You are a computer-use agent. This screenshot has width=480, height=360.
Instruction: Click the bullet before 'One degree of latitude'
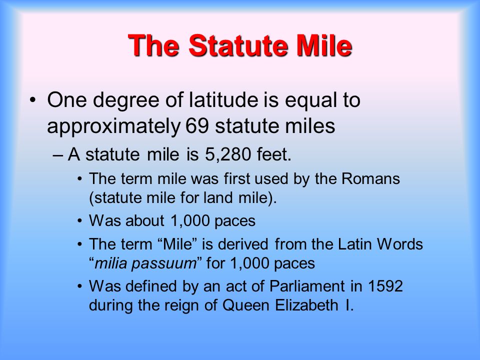(x=33, y=100)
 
